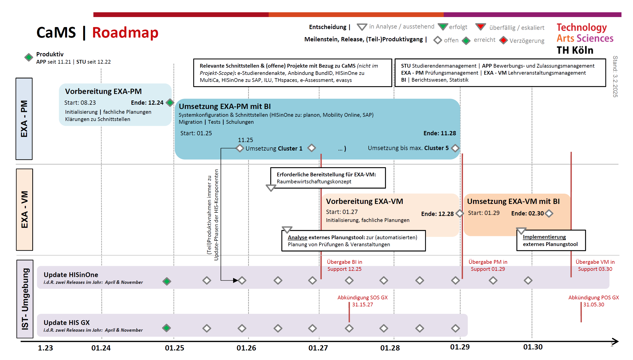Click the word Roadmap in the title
pos(125,33)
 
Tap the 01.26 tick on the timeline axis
pos(246,348)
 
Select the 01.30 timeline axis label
pos(533,347)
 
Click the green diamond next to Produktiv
pos(29,57)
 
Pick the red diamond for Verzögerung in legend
pos(504,40)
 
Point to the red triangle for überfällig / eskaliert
pos(481,27)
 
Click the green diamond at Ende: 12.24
pos(170,102)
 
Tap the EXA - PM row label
pos(24,119)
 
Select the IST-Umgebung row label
pos(25,299)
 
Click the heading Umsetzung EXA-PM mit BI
pos(225,106)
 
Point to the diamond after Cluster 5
pos(455,148)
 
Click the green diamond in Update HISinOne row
pos(167,281)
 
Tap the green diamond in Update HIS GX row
pos(167,328)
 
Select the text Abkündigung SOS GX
pos(362,298)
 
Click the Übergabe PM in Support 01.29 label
pos(488,266)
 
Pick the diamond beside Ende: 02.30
pos(549,213)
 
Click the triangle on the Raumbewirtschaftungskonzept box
pos(271,188)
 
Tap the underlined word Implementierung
pos(544,237)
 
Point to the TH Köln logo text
pos(575,50)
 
